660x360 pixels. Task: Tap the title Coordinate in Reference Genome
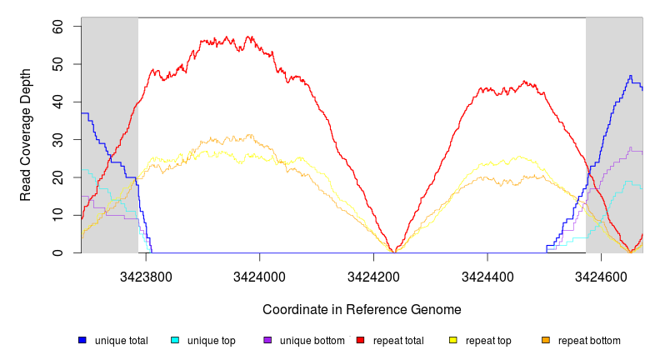(x=362, y=310)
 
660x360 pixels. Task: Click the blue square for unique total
(x=82, y=341)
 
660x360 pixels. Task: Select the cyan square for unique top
(x=174, y=341)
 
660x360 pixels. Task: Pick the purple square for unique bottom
(x=267, y=341)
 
